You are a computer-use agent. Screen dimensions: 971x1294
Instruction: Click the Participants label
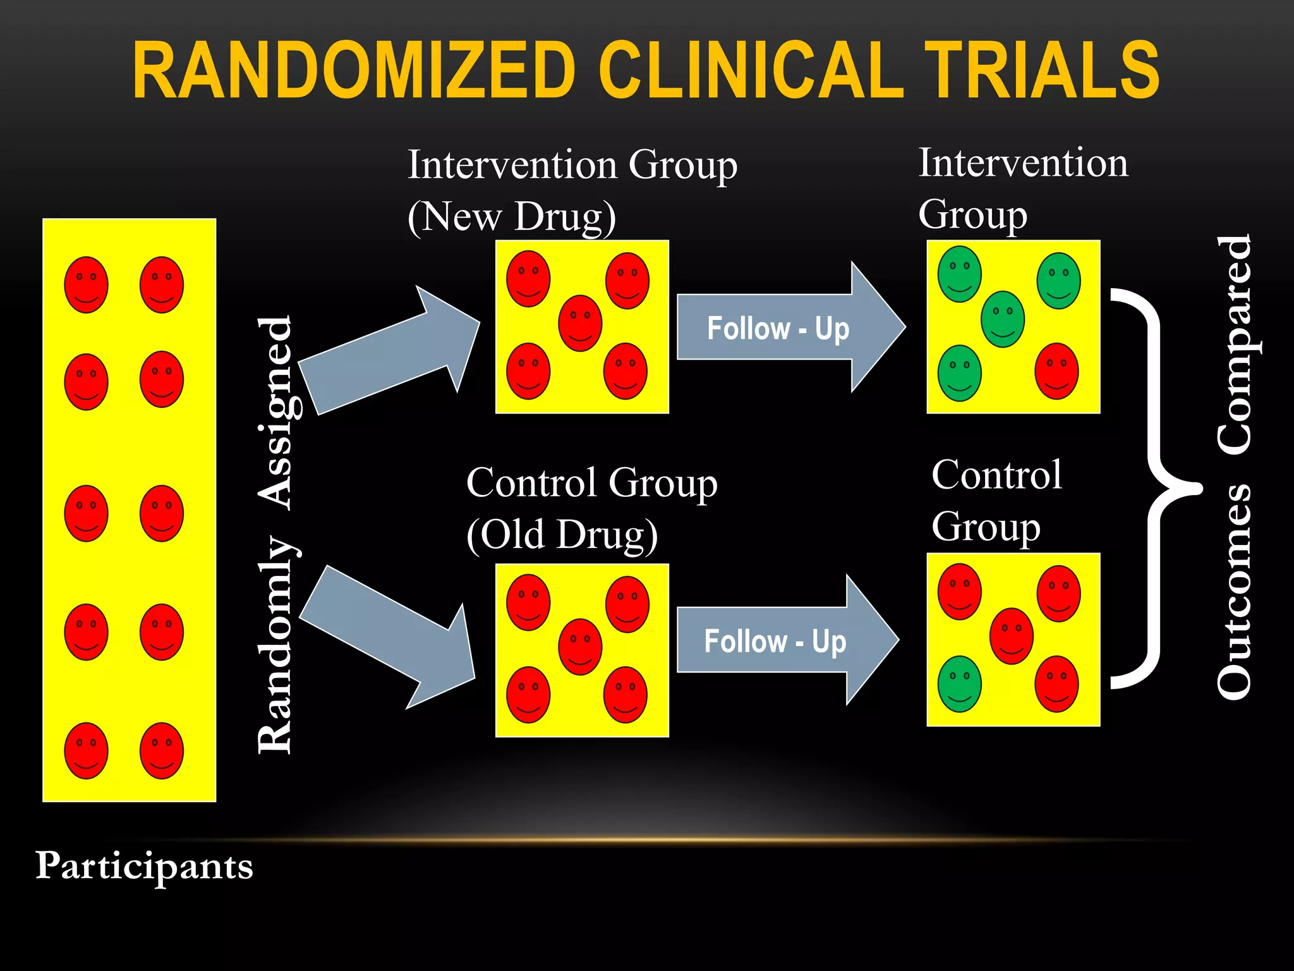[x=144, y=866]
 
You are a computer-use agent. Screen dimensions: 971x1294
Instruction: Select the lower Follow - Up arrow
[x=783, y=640]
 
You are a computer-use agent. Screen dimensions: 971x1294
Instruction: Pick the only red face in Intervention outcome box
[x=1056, y=371]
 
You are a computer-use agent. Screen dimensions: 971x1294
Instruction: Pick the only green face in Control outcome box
[x=959, y=684]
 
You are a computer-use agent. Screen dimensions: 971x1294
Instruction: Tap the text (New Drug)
[x=512, y=217]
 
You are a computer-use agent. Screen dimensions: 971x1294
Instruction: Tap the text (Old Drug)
[x=562, y=535]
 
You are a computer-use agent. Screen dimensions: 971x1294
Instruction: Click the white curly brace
[x=1153, y=488]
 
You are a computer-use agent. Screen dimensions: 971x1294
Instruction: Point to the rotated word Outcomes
[x=1234, y=591]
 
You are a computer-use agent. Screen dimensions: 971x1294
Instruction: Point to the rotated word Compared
[x=1234, y=345]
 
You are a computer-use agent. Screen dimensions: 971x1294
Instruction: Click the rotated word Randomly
[x=276, y=645]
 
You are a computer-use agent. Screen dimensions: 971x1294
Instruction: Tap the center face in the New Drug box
[x=580, y=323]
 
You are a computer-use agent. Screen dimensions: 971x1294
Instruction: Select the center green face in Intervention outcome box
[x=1002, y=319]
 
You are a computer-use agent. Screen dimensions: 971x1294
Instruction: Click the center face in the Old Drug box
[x=580, y=647]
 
